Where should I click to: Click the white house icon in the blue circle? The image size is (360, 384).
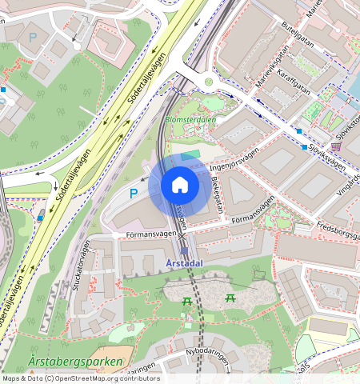(180, 186)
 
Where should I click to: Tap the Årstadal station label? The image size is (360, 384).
(183, 262)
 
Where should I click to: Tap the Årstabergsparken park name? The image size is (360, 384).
(75, 362)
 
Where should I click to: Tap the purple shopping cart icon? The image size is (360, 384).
(335, 146)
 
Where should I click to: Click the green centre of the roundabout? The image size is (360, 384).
(210, 81)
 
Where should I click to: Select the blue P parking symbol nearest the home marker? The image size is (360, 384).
(133, 193)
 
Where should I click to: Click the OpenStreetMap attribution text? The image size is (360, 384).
(80, 378)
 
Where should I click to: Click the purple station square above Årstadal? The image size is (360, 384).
(183, 250)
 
